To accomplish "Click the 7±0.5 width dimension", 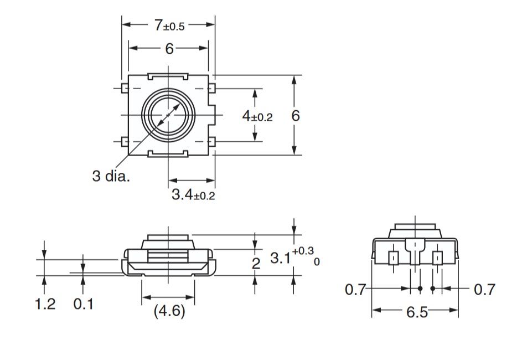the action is pyautogui.click(x=169, y=25).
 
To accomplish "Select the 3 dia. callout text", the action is pyautogui.click(x=111, y=176).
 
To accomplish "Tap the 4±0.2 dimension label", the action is pyautogui.click(x=257, y=116).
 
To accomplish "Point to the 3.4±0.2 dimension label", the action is pyautogui.click(x=193, y=194).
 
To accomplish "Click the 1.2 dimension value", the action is pyautogui.click(x=45, y=304).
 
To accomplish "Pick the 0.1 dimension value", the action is pyautogui.click(x=84, y=304).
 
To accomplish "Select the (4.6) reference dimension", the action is pyautogui.click(x=169, y=311).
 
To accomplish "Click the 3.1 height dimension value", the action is pyautogui.click(x=280, y=258).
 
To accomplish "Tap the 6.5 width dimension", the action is pyautogui.click(x=417, y=312).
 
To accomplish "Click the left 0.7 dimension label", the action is pyautogui.click(x=355, y=290).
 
